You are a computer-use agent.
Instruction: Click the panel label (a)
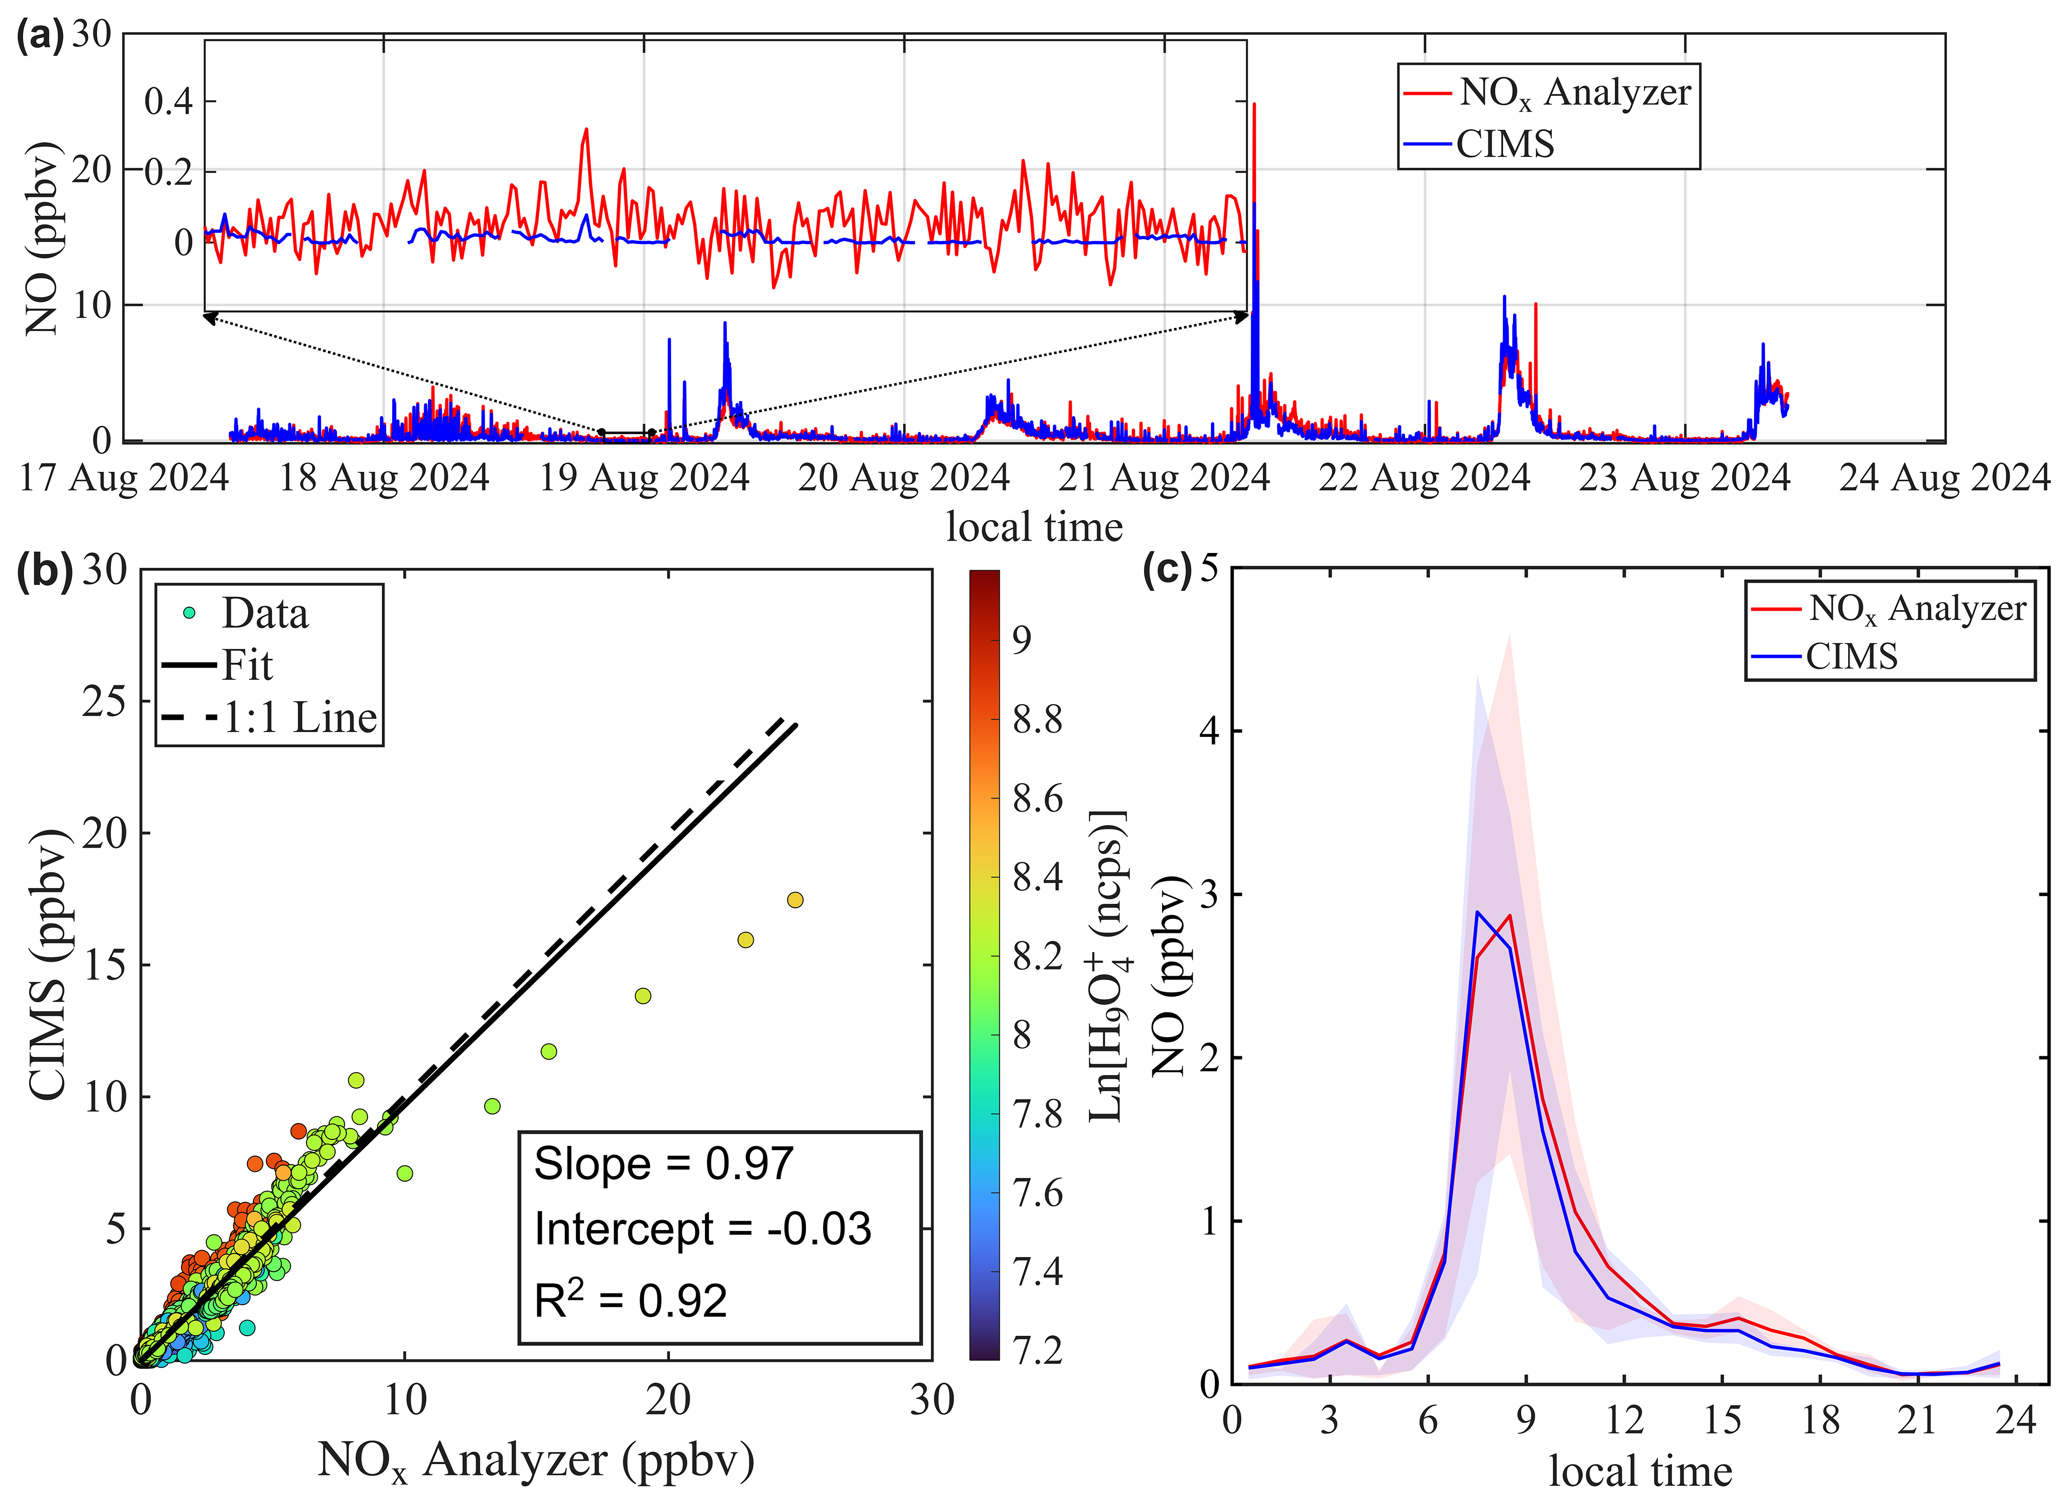coord(40,36)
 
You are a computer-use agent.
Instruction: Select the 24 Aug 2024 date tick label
coord(1944,478)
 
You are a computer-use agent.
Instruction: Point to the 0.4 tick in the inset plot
coord(169,101)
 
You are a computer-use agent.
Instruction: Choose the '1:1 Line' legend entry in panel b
coord(299,718)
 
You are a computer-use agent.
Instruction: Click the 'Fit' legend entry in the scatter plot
coord(247,665)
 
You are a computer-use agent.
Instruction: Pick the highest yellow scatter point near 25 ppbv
coord(795,900)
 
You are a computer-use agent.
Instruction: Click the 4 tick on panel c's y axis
coord(1209,732)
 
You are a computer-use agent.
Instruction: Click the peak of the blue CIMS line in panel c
coord(1477,912)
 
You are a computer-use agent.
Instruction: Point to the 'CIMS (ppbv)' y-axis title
coord(47,964)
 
